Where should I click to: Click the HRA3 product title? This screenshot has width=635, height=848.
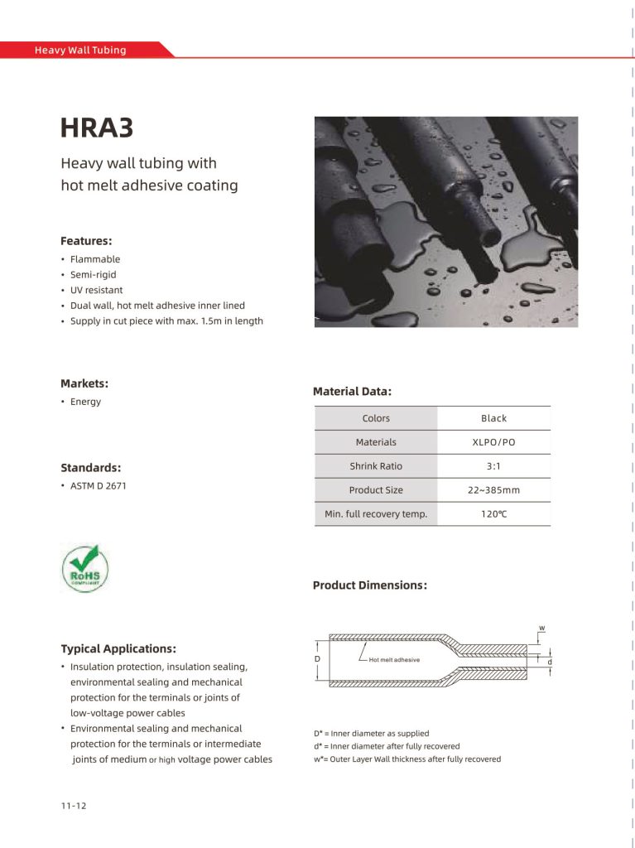point(97,128)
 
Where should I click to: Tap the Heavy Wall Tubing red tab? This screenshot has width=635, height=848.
point(80,50)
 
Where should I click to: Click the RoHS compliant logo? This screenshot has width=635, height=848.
point(85,568)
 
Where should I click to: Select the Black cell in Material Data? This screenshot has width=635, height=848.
point(493,418)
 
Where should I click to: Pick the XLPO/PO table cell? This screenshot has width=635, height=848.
point(493,442)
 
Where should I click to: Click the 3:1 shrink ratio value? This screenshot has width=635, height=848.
point(493,466)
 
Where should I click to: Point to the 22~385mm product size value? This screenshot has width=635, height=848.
point(493,490)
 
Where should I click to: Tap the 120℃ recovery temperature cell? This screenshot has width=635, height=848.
point(493,514)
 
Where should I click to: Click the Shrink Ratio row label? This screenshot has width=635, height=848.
point(376,466)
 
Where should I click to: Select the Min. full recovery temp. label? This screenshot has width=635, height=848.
point(376,514)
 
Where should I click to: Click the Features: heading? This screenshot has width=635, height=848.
point(86,241)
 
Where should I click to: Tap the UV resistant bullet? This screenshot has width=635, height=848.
point(96,291)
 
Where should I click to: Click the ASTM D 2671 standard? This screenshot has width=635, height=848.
point(98,486)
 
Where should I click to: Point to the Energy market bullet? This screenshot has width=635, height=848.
point(85,402)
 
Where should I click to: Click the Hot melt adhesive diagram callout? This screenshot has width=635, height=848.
point(394,660)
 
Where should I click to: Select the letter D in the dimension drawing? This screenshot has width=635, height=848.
point(317,658)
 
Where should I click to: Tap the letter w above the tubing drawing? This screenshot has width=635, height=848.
point(542,628)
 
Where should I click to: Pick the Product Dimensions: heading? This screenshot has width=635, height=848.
point(369,585)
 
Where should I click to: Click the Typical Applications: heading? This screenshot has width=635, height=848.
point(118,648)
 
